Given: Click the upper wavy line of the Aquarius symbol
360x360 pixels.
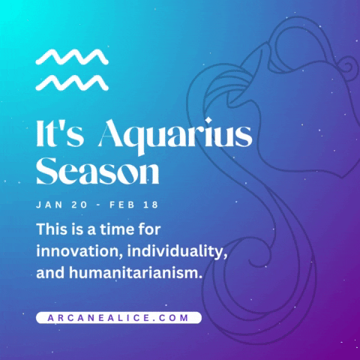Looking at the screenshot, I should coord(72,57).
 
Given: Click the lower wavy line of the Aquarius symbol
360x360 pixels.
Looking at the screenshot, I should coord(72,81).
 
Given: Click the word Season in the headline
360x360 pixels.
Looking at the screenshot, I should coord(97,172).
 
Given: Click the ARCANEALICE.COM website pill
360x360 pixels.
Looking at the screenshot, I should coord(118,317).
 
